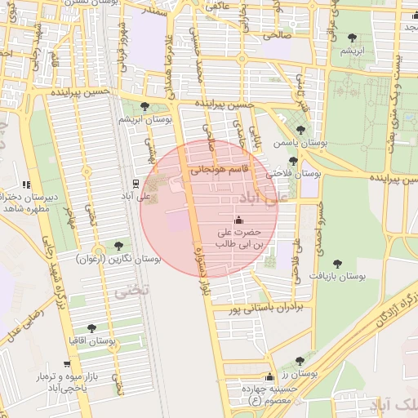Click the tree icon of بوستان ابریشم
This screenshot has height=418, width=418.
pos(145,106)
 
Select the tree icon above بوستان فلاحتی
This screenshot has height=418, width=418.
pos(293,160)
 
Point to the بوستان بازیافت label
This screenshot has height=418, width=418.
pos(336,277)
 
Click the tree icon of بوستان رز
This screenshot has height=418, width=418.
pos(300,360)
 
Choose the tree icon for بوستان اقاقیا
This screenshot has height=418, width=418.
pos(91,328)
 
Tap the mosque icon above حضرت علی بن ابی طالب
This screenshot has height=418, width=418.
pos(238,220)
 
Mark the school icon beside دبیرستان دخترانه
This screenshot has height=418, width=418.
pos(27,185)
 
